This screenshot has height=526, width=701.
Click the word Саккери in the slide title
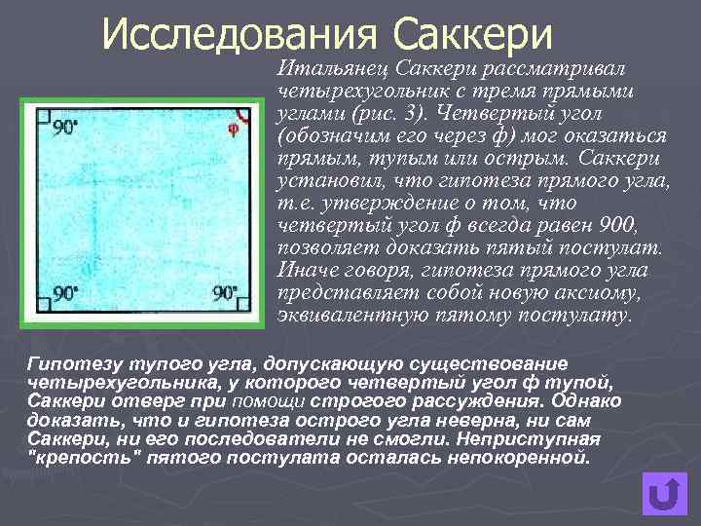(474, 36)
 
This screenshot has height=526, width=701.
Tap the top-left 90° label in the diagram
(66, 128)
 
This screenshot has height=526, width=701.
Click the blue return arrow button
(664, 494)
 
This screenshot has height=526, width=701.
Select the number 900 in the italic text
(611, 226)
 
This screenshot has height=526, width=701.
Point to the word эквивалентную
(341, 316)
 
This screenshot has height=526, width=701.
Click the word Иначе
(302, 271)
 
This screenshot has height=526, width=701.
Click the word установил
(321, 181)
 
